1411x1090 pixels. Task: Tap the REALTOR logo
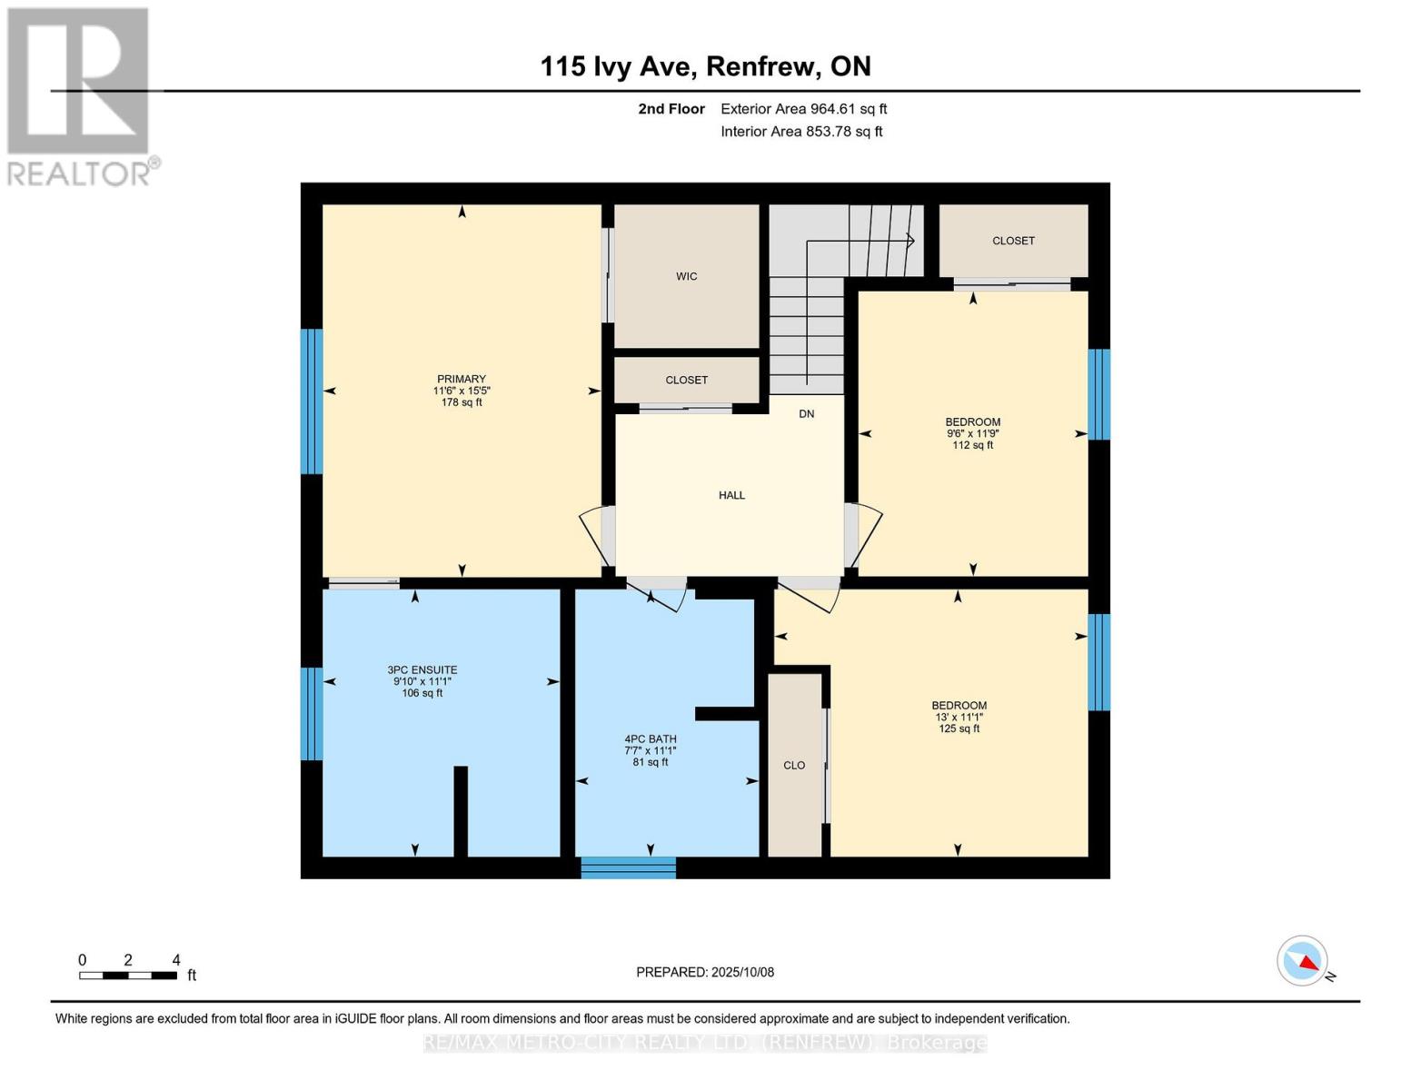(x=80, y=96)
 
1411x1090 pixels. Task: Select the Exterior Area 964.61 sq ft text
(x=803, y=109)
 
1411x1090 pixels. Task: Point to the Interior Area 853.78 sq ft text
(x=801, y=132)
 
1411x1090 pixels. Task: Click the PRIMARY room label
(x=462, y=379)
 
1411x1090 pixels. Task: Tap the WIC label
(x=687, y=276)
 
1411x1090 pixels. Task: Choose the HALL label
(x=731, y=495)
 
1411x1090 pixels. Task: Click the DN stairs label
(x=807, y=414)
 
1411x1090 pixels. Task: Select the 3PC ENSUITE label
(x=422, y=670)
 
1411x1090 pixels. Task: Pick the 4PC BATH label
(x=651, y=739)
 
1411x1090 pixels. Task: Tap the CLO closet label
(x=794, y=765)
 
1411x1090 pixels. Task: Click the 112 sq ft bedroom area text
(x=973, y=445)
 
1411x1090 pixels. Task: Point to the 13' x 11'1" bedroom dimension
(x=959, y=717)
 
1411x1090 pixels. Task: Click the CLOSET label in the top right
(x=1013, y=241)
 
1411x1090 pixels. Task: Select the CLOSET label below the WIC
(x=686, y=380)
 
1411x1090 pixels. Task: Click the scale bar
(x=127, y=976)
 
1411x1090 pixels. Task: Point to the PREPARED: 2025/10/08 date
(x=705, y=972)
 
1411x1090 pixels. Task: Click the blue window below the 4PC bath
(x=629, y=867)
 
